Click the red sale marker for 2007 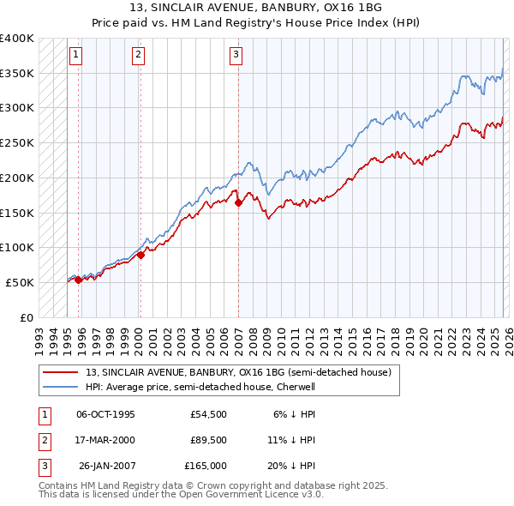pos(238,202)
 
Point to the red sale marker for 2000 pos(140,254)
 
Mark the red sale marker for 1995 pos(78,279)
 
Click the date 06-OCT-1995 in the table pos(105,414)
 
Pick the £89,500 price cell pos(208,440)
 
